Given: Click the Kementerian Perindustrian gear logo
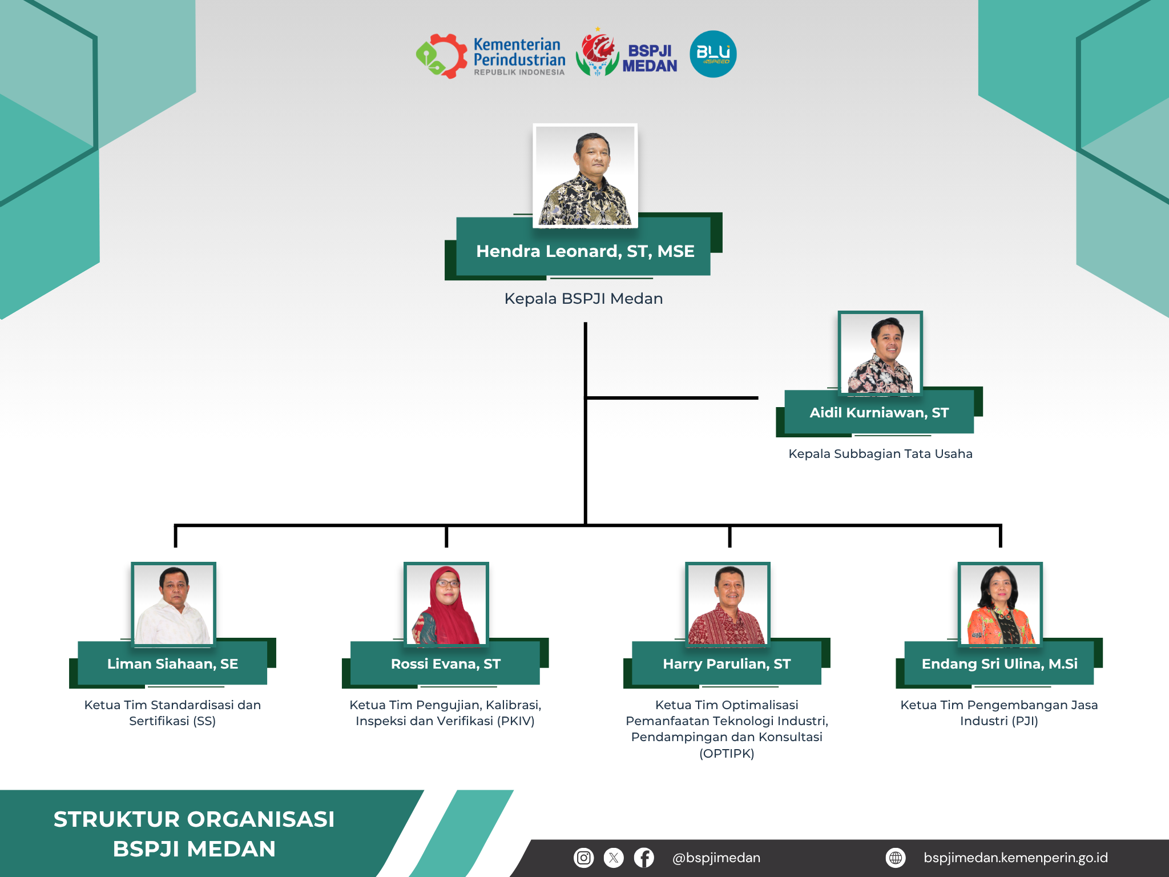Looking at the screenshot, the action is pos(441,56).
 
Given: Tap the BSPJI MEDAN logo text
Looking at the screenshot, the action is pos(650,59).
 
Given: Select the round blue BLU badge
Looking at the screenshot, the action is pos(713,54).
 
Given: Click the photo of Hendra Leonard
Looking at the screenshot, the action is pos(585,176).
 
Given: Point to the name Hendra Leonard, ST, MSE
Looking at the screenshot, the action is pos(585,251).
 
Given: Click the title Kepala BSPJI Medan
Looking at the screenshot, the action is pos(583,299).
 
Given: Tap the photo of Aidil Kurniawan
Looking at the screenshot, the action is pos(880,353).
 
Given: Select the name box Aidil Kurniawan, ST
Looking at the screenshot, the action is pos(879,412).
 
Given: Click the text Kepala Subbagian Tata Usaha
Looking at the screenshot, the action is pos(880,454).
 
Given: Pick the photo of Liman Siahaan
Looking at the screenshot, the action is pos(174,604).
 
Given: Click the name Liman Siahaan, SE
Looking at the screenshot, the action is pos(172,664).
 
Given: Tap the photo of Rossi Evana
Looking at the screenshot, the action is pos(446,604).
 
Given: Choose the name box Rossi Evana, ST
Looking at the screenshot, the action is pos(445,663).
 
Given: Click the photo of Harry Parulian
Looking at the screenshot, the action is pos(728,604).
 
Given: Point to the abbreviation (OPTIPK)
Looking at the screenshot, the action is pos(727,754).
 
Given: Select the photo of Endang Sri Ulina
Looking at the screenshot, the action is pos(1000,604).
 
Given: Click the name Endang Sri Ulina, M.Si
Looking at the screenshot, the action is pos(999,664).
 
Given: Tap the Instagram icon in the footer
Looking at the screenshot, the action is pos(583,858).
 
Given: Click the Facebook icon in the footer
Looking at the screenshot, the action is pos(644,858).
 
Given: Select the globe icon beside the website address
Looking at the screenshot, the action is pos(896,858).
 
